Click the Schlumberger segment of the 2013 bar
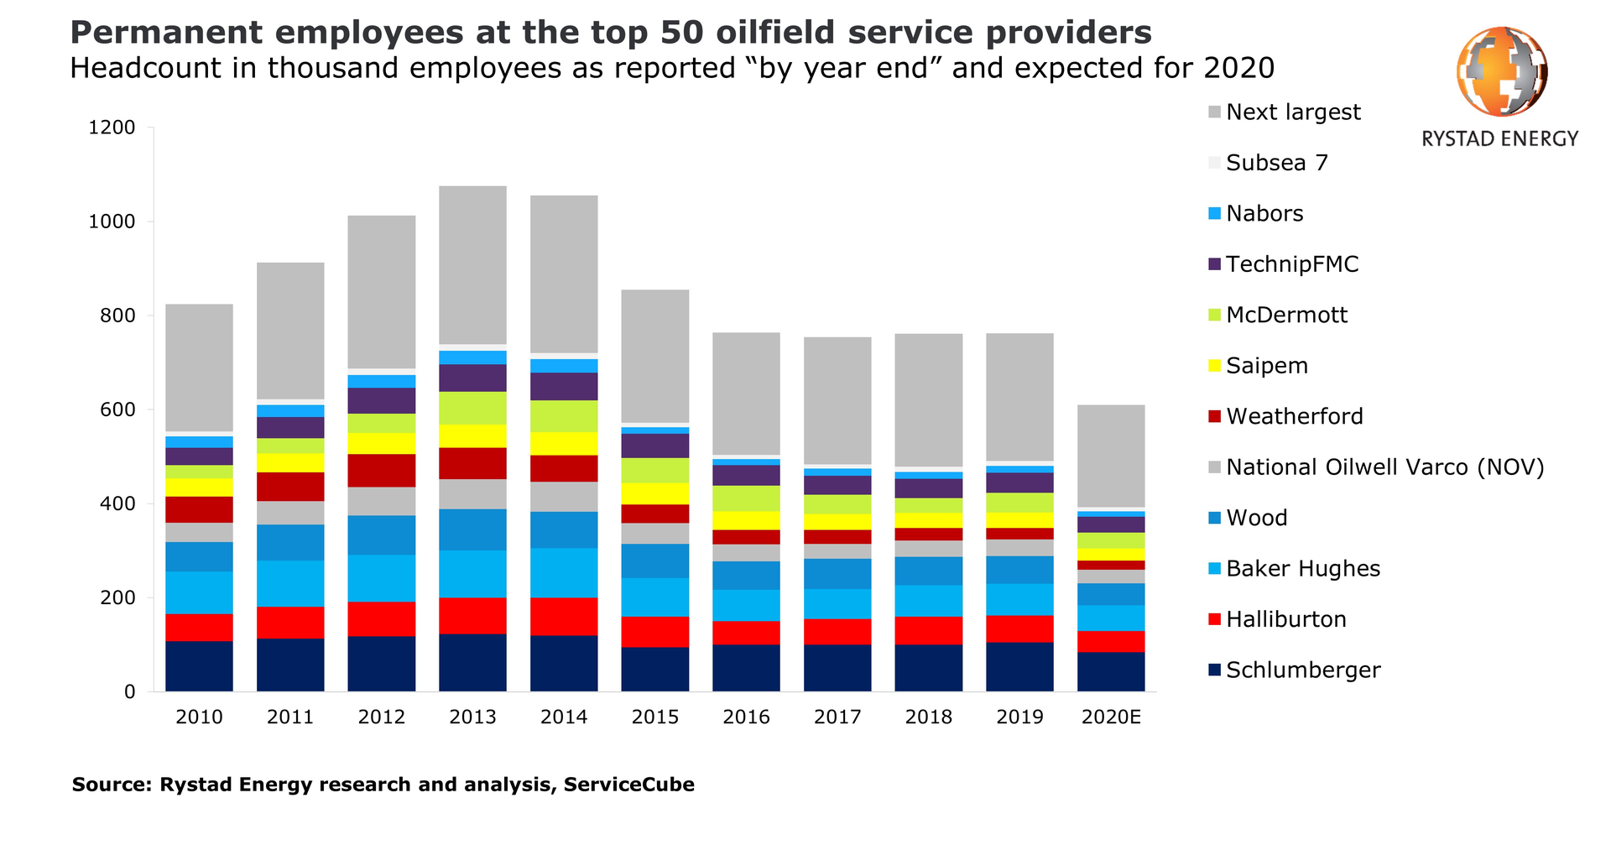472,662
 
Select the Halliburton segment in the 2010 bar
199,627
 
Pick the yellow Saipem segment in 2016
746,520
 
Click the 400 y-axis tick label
112,504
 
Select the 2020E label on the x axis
1111,717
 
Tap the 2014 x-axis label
564,717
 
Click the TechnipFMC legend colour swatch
1214,264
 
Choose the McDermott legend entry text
1286,315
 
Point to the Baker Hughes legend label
1302,569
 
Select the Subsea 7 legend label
1276,163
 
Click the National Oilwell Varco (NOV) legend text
1384,467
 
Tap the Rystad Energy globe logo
1501,71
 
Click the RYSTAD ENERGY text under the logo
1499,139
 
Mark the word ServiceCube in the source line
628,785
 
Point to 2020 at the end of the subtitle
1238,68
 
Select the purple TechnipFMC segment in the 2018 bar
928,488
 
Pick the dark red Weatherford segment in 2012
382,471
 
